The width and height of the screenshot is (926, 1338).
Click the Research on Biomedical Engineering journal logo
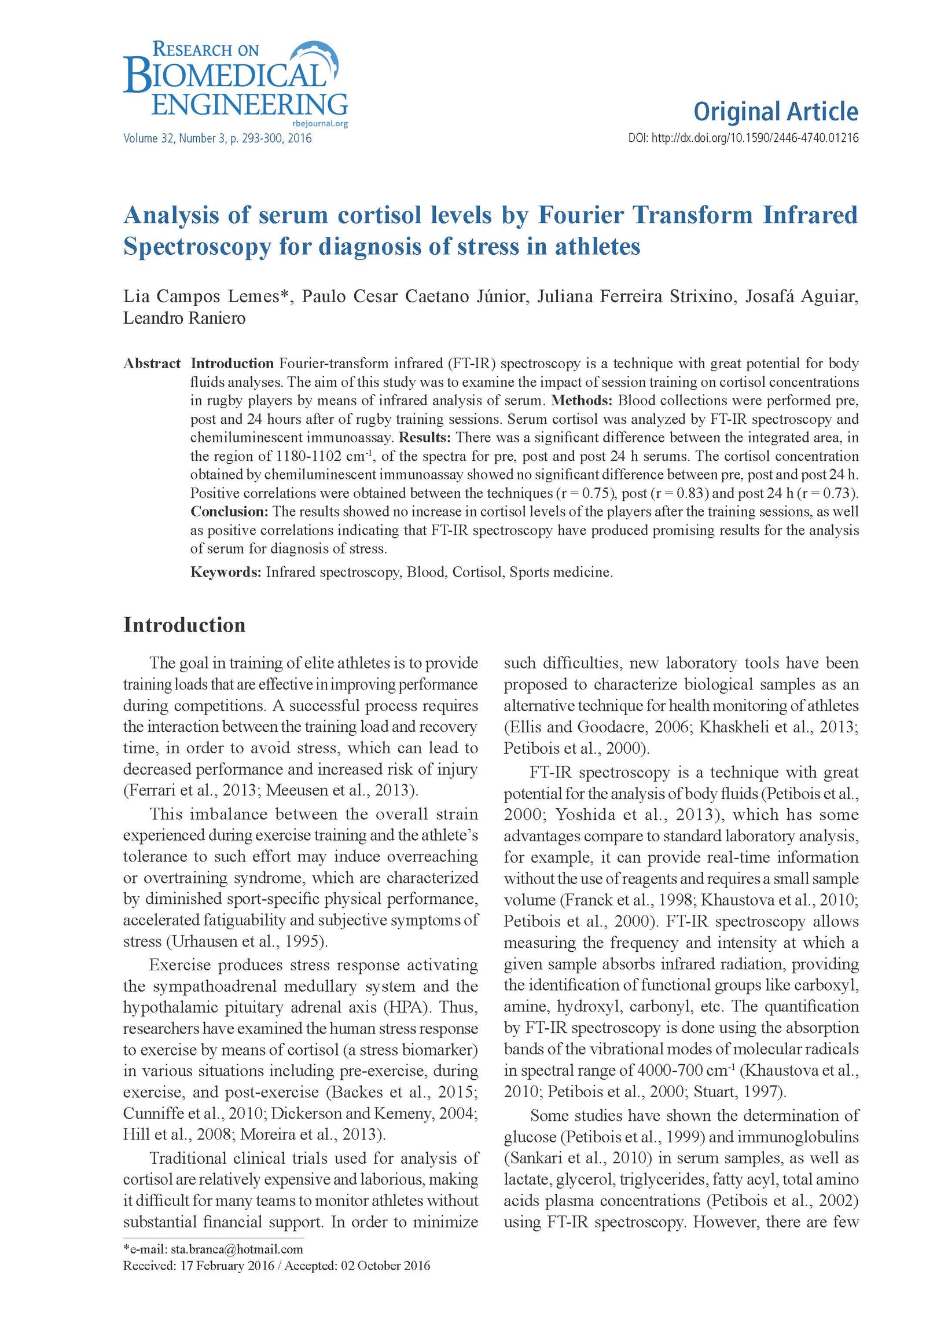tap(235, 81)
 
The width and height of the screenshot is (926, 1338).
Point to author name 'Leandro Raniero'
tap(184, 318)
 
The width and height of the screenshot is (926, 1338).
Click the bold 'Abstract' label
tap(152, 364)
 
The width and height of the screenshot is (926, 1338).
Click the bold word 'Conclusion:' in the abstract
tap(229, 511)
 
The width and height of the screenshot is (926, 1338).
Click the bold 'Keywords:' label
tap(226, 572)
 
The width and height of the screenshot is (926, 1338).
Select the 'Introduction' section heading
tap(184, 625)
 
